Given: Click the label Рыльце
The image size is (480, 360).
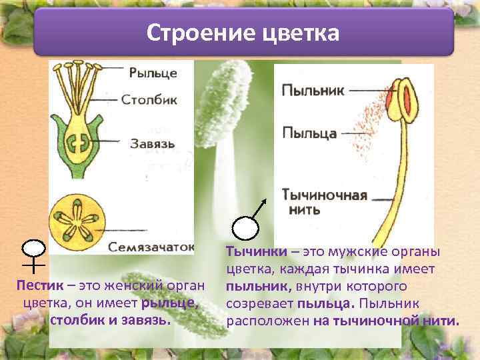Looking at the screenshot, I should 153,73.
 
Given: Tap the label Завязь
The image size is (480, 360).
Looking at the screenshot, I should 153,143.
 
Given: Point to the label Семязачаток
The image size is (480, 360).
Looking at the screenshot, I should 151,246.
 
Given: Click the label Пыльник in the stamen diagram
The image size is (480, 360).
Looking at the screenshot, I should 313,90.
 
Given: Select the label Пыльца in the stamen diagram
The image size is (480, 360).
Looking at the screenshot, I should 309,133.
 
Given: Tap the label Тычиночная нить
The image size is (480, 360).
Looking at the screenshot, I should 323,202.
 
